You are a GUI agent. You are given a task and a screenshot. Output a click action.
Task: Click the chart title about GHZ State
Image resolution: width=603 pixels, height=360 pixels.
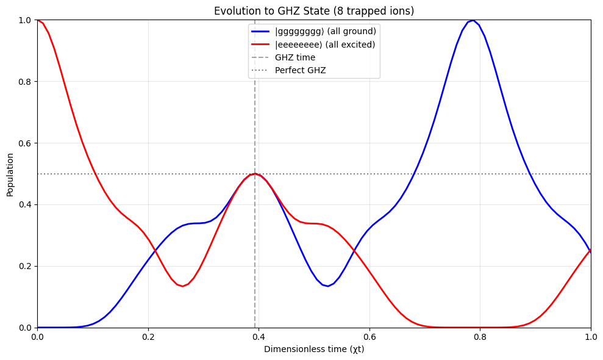(x=314, y=11)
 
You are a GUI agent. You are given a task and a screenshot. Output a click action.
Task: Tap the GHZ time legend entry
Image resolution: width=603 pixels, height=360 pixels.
(x=295, y=57)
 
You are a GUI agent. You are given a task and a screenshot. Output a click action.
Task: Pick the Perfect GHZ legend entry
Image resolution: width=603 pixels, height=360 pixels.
(x=300, y=70)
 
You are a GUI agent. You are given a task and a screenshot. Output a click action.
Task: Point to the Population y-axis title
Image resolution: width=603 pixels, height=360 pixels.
(x=10, y=174)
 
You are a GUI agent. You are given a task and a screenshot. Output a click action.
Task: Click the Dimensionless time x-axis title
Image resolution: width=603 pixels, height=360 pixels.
(x=314, y=349)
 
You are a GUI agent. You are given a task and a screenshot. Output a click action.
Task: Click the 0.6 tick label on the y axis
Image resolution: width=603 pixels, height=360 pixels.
(x=24, y=143)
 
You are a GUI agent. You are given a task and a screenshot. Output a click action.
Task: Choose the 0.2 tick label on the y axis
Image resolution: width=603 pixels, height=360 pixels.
(x=24, y=266)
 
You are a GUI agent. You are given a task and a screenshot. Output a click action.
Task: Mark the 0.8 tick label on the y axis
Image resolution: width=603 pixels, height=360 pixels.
(x=24, y=82)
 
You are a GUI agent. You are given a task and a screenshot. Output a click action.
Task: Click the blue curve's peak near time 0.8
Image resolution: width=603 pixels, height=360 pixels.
(x=473, y=20)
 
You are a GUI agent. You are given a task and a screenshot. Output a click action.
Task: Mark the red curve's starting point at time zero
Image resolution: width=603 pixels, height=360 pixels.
(x=38, y=20)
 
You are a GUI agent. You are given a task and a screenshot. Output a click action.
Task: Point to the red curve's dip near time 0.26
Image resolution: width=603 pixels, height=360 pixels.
(x=182, y=286)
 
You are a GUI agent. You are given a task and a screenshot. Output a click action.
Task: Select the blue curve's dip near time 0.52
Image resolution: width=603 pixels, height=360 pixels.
(x=328, y=286)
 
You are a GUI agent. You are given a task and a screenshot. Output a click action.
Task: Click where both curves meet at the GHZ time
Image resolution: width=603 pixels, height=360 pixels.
(x=255, y=174)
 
